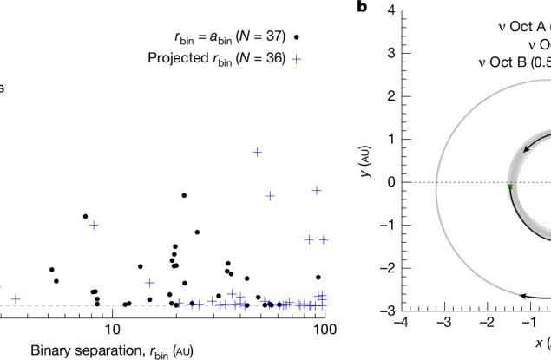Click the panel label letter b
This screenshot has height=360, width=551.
(362, 8)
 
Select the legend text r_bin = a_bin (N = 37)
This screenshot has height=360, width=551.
(229, 38)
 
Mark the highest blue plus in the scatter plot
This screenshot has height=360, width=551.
(257, 152)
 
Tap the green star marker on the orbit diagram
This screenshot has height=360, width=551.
(510, 187)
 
